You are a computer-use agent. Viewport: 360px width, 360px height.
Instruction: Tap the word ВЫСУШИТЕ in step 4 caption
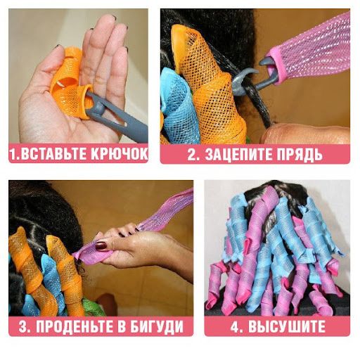(286, 326)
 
